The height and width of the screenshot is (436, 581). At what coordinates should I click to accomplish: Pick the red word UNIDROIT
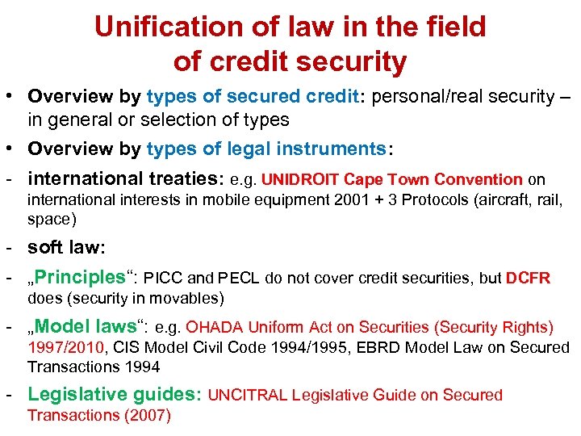300,180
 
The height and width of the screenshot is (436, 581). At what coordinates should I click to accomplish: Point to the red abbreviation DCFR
528,279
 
